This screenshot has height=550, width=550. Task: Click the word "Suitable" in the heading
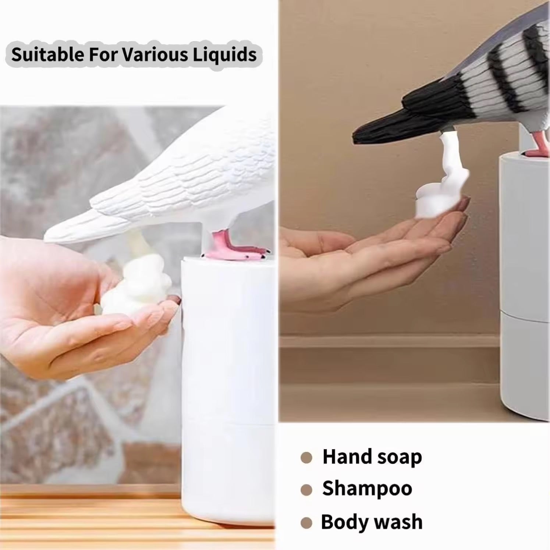click(47, 54)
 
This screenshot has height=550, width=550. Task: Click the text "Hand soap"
click(372, 457)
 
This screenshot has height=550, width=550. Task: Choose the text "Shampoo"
click(367, 489)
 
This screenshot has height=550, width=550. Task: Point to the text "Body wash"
click(372, 522)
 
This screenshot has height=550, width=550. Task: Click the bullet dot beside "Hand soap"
click(306, 458)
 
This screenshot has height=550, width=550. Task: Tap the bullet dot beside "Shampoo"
click(306, 490)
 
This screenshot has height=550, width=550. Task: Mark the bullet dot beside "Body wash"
click(306, 523)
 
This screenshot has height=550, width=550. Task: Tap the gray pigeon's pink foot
click(538, 147)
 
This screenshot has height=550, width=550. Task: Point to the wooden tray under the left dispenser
click(92, 515)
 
